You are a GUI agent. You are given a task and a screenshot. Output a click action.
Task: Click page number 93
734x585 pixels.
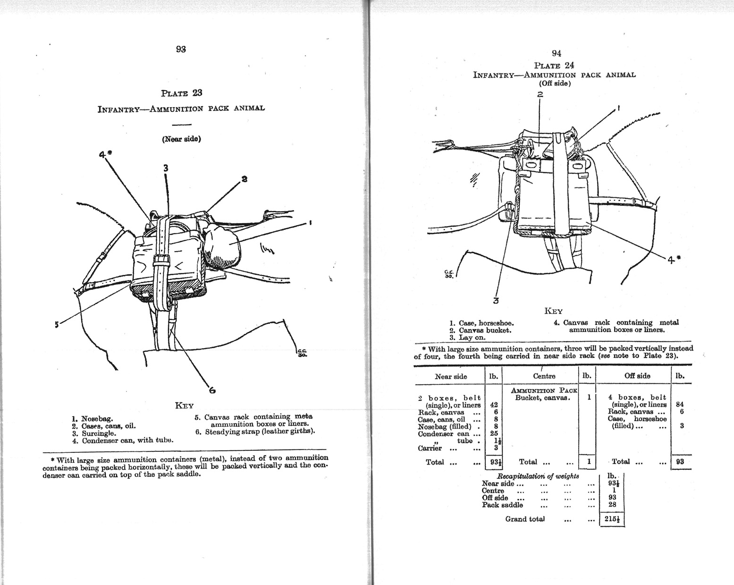tap(180, 49)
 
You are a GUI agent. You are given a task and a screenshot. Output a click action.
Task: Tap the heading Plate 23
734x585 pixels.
tap(181, 93)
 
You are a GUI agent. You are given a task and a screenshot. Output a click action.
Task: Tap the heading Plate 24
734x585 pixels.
tap(554, 65)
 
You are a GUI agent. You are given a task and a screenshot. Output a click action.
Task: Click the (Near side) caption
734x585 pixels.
tap(181, 139)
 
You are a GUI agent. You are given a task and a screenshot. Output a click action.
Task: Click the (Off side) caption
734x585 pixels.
tap(555, 84)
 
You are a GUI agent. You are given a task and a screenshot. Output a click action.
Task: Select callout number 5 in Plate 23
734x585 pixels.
tap(57, 324)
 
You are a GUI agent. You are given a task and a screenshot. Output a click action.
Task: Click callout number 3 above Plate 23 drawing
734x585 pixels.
tap(166, 168)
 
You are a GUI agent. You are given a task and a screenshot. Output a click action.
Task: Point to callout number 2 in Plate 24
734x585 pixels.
tap(540, 94)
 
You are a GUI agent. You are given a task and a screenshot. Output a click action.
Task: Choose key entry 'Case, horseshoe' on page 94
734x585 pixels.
tap(486, 323)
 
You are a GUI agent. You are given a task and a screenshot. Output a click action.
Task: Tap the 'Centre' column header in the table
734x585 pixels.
tap(544, 376)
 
